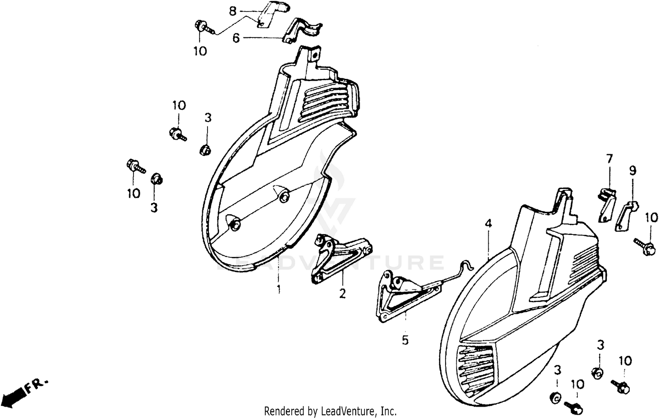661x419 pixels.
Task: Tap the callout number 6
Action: coord(236,38)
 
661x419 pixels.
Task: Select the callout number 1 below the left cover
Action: coord(279,289)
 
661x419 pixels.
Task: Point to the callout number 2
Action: coord(342,293)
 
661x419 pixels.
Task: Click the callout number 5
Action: coord(405,340)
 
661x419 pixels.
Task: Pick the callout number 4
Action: coord(488,224)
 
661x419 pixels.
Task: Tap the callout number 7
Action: coord(609,158)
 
